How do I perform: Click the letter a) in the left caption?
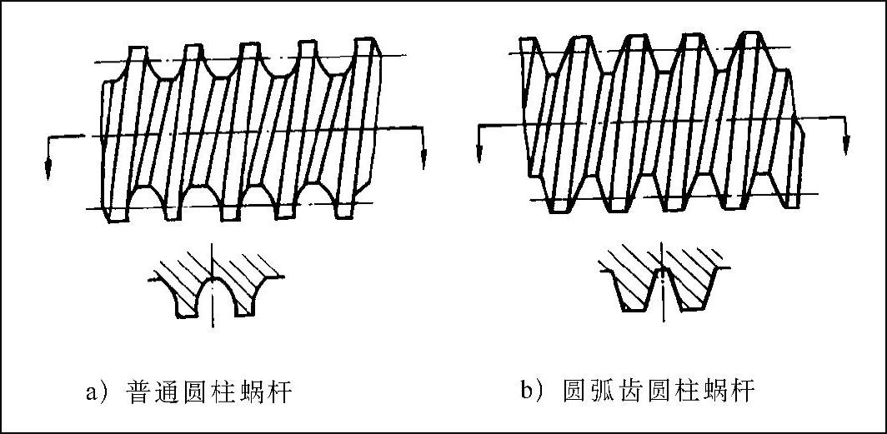93,392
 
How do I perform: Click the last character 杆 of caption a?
279,392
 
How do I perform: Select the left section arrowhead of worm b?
480,155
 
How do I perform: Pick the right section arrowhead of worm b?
847,150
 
